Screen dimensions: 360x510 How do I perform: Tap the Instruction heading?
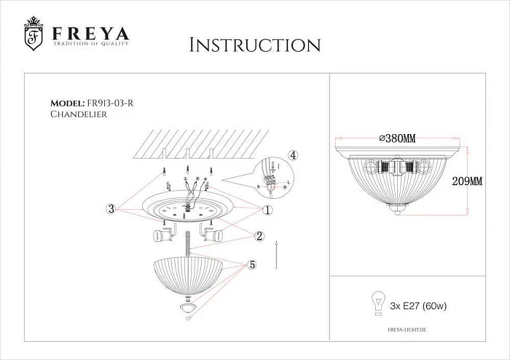[x=254, y=45]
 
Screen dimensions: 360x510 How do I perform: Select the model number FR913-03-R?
[x=109, y=103]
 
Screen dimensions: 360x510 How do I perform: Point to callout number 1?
[x=267, y=210]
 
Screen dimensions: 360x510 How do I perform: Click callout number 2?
[x=259, y=235]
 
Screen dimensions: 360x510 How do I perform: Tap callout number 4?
[x=291, y=155]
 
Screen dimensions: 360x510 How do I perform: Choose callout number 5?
[x=252, y=265]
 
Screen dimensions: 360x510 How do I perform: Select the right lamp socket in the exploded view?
[x=212, y=235]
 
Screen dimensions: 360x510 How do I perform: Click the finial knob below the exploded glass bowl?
[x=189, y=310]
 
